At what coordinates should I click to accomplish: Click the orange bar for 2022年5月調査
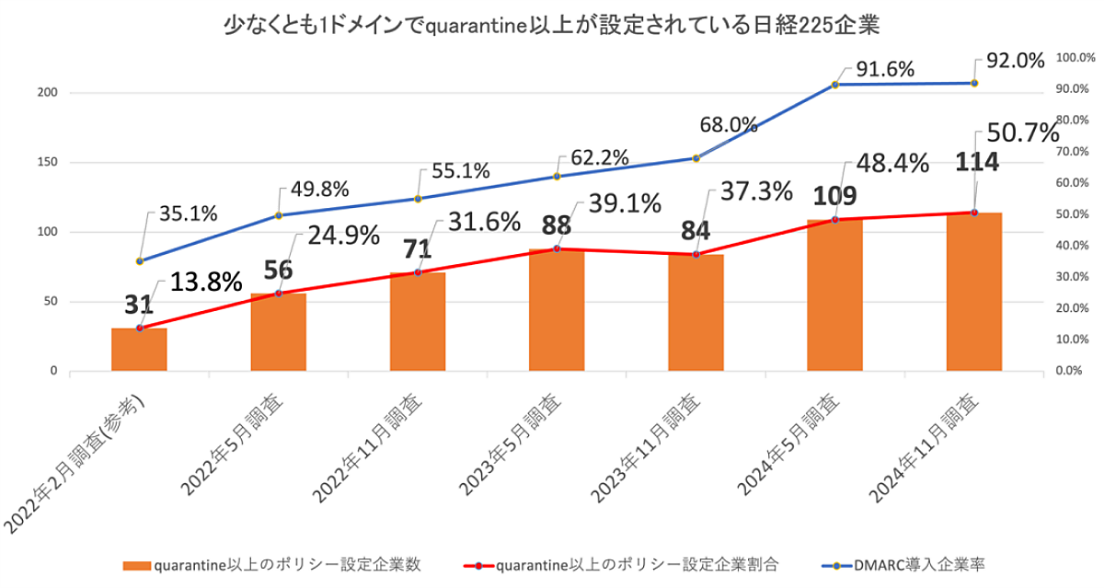coord(278,333)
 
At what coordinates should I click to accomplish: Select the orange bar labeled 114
coord(974,293)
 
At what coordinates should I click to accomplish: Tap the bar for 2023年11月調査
coord(696,313)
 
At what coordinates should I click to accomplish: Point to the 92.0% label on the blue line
coord(1015,61)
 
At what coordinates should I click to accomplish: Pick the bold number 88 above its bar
coord(556,226)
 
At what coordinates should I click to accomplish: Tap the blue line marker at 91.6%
coord(835,85)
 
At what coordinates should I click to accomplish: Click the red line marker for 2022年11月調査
coord(418,272)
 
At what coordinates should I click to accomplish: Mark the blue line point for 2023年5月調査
coord(557,176)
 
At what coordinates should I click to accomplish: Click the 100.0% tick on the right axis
coord(1071,58)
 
